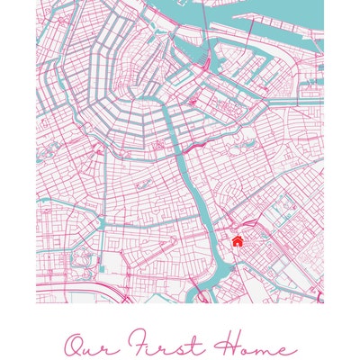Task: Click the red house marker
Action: pos(237,240)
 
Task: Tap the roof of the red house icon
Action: pos(237,238)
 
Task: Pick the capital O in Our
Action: pos(75,346)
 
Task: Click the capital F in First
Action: pos(139,345)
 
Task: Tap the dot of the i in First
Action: pos(157,338)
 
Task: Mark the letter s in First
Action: pos(175,348)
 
